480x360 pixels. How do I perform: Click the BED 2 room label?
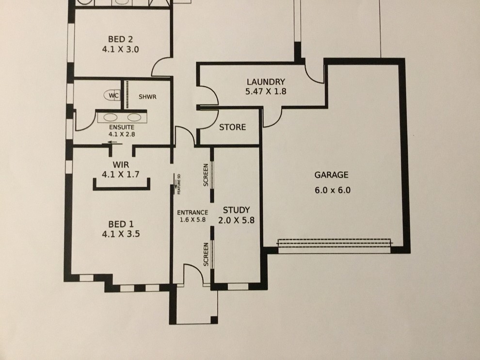click(121, 39)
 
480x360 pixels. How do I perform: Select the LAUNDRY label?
click(265, 82)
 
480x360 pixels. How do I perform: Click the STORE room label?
click(233, 128)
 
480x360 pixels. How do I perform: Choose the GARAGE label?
click(332, 175)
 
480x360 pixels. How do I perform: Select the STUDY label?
click(236, 210)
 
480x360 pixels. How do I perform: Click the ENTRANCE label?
click(192, 213)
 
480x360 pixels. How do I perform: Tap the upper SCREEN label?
click(206, 175)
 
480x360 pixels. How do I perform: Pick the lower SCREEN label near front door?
click(206, 254)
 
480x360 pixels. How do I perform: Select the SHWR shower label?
click(147, 97)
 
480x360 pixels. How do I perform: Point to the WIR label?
click(121, 165)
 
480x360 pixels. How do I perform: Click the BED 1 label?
click(121, 224)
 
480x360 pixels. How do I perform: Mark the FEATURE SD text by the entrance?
click(179, 184)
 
